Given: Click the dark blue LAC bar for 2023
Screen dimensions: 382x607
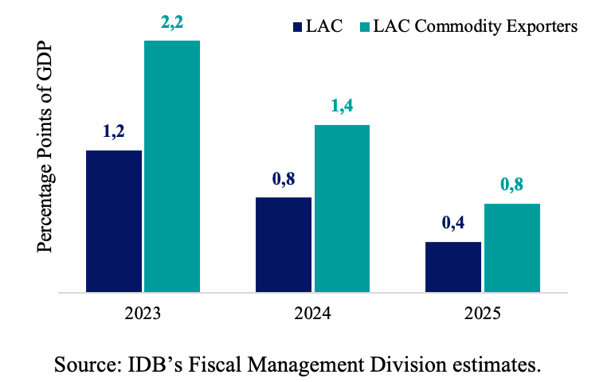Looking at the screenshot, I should pyautogui.click(x=114, y=221).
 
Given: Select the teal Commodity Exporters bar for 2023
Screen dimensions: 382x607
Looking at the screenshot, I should pyautogui.click(x=171, y=166).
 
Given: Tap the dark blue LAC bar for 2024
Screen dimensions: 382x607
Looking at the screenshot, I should pyautogui.click(x=284, y=244).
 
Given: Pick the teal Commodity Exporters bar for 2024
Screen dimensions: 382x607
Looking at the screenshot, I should pyautogui.click(x=342, y=209).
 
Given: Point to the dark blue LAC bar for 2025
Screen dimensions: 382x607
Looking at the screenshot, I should pyautogui.click(x=453, y=267).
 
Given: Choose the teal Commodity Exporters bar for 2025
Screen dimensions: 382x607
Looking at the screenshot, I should pyautogui.click(x=512, y=248).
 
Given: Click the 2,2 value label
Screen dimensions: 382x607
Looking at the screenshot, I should pyautogui.click(x=171, y=25).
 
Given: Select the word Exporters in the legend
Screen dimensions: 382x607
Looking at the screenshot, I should pyautogui.click(x=545, y=26).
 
